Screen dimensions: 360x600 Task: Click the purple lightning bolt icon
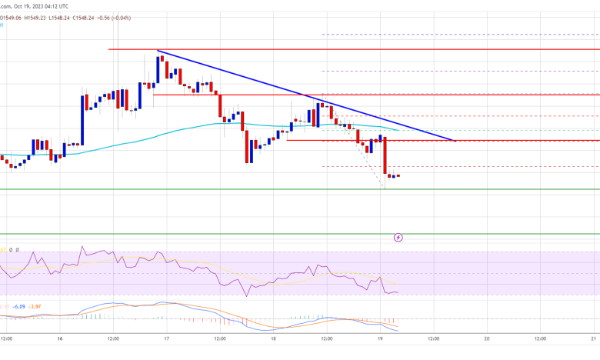click(398, 238)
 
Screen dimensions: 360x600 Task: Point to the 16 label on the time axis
click(59, 338)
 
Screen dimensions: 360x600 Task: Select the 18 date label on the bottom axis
click(272, 338)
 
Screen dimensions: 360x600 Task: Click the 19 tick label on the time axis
click(380, 338)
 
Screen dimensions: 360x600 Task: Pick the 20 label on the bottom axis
click(486, 338)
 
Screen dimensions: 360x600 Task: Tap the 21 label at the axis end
click(593, 338)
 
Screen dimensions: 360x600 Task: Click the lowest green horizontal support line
click(308, 233)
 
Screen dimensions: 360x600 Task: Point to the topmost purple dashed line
click(462, 35)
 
